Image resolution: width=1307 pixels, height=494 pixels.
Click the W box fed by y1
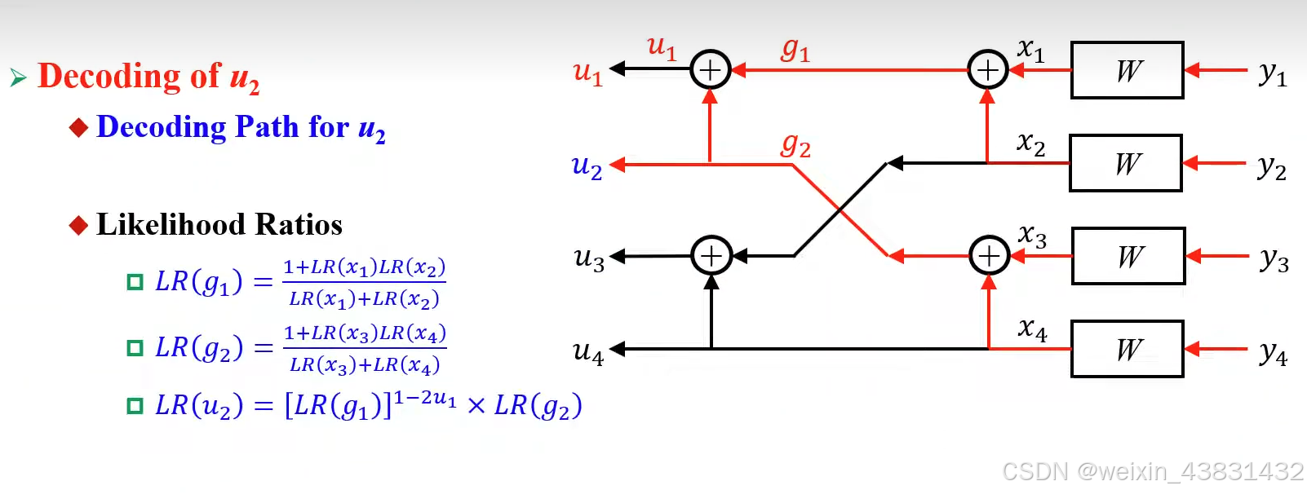click(x=1127, y=71)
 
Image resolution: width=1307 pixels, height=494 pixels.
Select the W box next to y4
click(x=1127, y=350)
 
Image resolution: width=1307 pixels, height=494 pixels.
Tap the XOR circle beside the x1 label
click(x=987, y=70)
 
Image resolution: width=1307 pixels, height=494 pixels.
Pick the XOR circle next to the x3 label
click(x=989, y=256)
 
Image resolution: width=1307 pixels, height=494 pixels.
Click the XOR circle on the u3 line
click(x=711, y=256)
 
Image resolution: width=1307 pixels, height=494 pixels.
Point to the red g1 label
click(x=795, y=51)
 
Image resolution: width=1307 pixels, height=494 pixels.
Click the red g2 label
click(x=795, y=146)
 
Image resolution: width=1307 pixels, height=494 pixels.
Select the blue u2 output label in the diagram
click(x=587, y=166)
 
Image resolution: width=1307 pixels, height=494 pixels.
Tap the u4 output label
click(x=588, y=351)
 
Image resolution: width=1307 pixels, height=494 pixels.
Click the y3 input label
click(x=1274, y=259)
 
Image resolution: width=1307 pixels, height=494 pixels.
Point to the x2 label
click(x=1031, y=143)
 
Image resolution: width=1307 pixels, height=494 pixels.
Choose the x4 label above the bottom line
click(x=1033, y=329)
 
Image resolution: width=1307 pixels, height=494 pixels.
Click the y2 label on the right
click(x=1272, y=167)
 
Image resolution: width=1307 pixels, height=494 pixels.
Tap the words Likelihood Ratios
click(x=219, y=224)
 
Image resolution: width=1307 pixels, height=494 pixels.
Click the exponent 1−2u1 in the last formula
click(x=425, y=398)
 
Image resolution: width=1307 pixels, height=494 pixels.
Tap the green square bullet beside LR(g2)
click(x=135, y=348)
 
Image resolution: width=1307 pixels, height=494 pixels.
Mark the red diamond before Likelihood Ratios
click(x=78, y=225)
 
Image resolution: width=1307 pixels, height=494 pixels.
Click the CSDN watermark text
click(x=1152, y=471)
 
